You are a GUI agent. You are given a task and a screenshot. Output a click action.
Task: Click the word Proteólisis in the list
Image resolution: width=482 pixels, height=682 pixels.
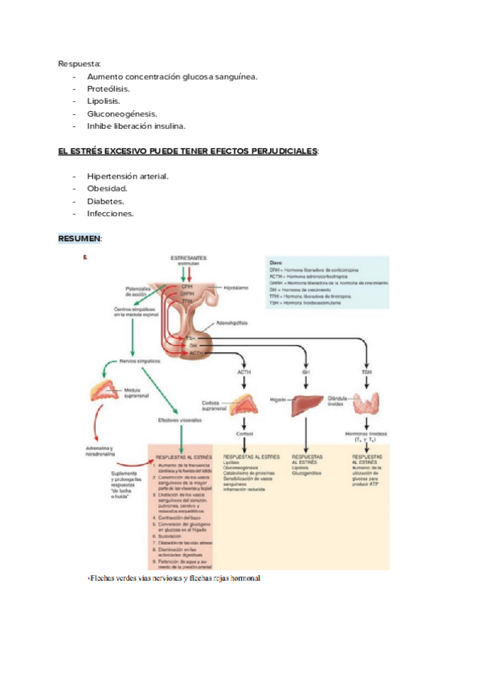point(108,88)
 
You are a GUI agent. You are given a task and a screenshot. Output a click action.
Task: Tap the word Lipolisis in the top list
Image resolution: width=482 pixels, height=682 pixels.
point(104,101)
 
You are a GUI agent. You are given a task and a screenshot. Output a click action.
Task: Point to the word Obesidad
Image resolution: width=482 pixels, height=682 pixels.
point(107,188)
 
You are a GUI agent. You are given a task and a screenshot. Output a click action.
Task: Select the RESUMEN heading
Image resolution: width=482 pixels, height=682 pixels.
point(80,239)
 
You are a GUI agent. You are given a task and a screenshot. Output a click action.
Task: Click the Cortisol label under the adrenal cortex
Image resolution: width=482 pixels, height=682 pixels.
point(245,432)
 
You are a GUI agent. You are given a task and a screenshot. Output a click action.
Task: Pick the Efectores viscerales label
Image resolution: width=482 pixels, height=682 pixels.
point(179,420)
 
